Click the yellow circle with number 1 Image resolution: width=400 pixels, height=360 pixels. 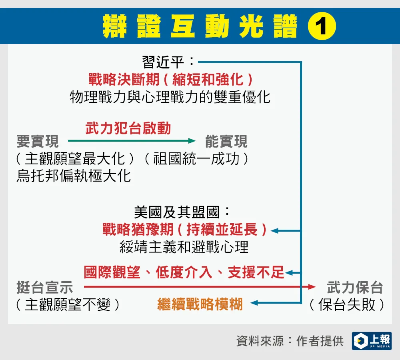pos(322,26)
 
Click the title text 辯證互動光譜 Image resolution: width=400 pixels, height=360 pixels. pos(200,26)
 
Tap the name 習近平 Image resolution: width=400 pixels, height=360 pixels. pos(163,62)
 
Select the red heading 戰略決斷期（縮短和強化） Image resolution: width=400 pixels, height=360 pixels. pos(170,79)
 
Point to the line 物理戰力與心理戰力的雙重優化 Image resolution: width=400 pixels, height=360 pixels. pos(170,97)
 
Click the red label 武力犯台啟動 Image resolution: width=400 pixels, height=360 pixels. pos(128,128)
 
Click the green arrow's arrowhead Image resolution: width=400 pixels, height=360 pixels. pos(192,140)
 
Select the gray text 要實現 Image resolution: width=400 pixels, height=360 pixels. pos(38,141)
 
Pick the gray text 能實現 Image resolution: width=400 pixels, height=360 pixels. pos(226,141)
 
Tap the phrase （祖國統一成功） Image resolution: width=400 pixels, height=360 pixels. pos(196,159)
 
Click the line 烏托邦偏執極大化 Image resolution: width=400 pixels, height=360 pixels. pos(74,176)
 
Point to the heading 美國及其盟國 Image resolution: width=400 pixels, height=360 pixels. pos(176,212)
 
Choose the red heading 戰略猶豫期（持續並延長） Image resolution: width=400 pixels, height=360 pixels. pos(184,229)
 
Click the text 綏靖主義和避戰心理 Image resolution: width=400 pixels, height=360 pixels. pos(184,247)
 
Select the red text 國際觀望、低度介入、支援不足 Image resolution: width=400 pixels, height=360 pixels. pos(184,272)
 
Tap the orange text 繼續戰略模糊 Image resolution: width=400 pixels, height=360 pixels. pos(200,304)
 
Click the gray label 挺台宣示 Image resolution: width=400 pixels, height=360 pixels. pos(45,287)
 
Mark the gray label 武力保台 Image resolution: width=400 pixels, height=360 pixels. pos(355,287)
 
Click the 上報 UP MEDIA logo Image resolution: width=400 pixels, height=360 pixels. pos(372,341)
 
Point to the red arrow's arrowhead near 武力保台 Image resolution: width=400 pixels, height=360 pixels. pos(312,287)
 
